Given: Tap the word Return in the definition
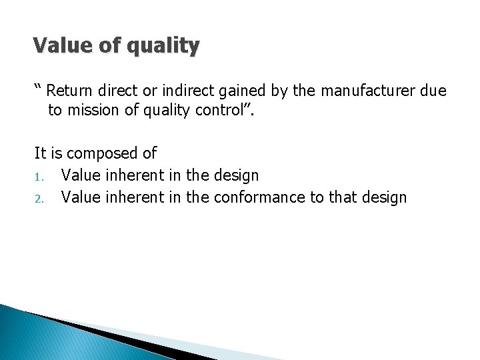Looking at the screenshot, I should [70, 91].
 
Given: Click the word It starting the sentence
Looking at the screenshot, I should [40, 153].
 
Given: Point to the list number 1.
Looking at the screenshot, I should [38, 177].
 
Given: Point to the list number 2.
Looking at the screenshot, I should [38, 198].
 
